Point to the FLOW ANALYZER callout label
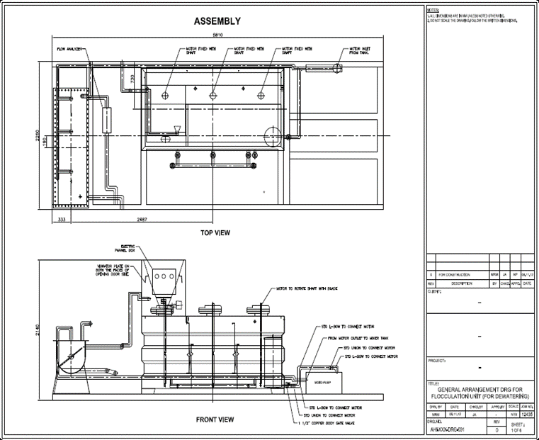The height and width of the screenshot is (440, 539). point(71,49)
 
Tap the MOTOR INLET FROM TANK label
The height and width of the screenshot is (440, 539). point(361,51)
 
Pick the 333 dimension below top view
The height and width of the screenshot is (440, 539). point(62,220)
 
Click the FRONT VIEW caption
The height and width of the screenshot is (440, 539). point(215,419)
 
